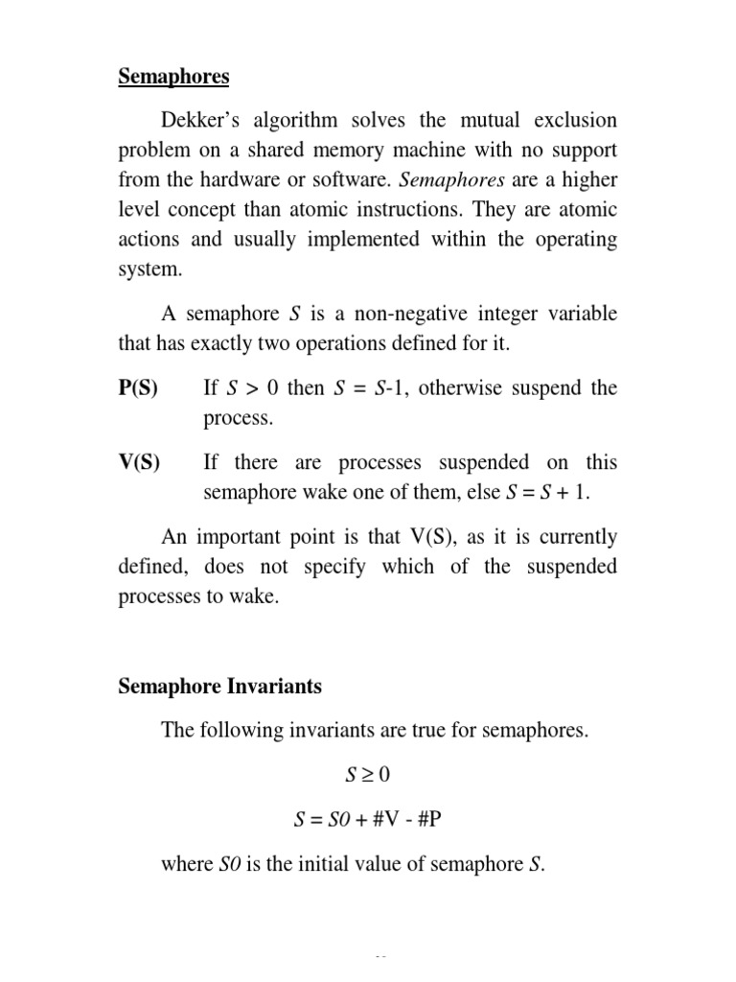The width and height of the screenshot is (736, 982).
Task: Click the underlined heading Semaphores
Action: click(173, 76)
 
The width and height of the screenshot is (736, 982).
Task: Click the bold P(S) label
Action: click(139, 388)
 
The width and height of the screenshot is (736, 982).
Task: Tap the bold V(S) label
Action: click(139, 463)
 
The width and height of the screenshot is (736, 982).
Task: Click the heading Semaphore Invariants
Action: click(219, 687)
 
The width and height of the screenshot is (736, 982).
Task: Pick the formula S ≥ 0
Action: click(367, 776)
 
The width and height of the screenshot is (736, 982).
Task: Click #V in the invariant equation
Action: click(388, 821)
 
